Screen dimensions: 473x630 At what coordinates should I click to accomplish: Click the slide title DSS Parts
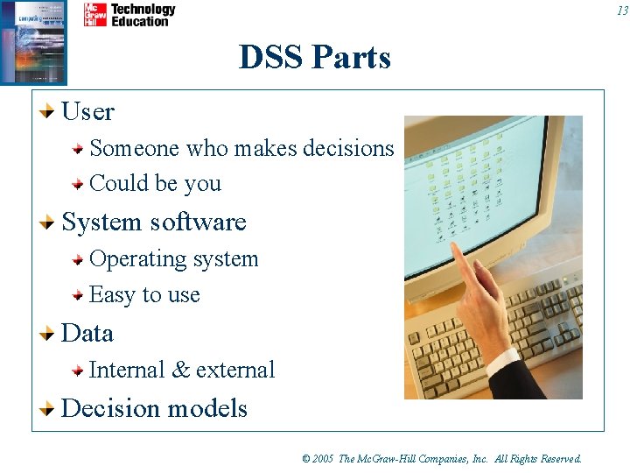pyautogui.click(x=315, y=58)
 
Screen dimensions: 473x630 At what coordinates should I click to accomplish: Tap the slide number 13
pyautogui.click(x=621, y=11)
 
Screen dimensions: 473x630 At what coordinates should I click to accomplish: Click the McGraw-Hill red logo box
pyautogui.click(x=95, y=15)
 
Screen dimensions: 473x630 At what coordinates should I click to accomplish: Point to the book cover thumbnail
pyautogui.click(x=33, y=42)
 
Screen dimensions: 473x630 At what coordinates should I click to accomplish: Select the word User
pyautogui.click(x=88, y=112)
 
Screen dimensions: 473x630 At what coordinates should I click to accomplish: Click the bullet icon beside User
pyautogui.click(x=50, y=111)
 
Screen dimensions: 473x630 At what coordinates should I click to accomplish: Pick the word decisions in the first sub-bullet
pyautogui.click(x=348, y=148)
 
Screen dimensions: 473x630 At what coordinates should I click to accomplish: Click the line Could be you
pyautogui.click(x=155, y=184)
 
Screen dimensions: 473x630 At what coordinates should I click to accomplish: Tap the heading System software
pyautogui.click(x=154, y=222)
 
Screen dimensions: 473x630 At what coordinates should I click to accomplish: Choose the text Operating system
pyautogui.click(x=173, y=259)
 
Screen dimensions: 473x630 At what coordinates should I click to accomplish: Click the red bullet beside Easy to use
pyautogui.click(x=78, y=295)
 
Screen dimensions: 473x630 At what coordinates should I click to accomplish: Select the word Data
pyautogui.click(x=87, y=334)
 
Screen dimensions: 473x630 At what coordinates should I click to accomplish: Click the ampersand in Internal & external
pyautogui.click(x=181, y=371)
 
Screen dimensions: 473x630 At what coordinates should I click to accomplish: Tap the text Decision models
pyautogui.click(x=154, y=409)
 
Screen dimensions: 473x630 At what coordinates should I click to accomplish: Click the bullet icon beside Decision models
pyautogui.click(x=50, y=408)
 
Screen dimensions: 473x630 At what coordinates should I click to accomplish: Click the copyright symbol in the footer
pyautogui.click(x=306, y=459)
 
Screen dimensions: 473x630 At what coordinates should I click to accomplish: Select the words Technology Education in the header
pyautogui.click(x=143, y=15)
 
